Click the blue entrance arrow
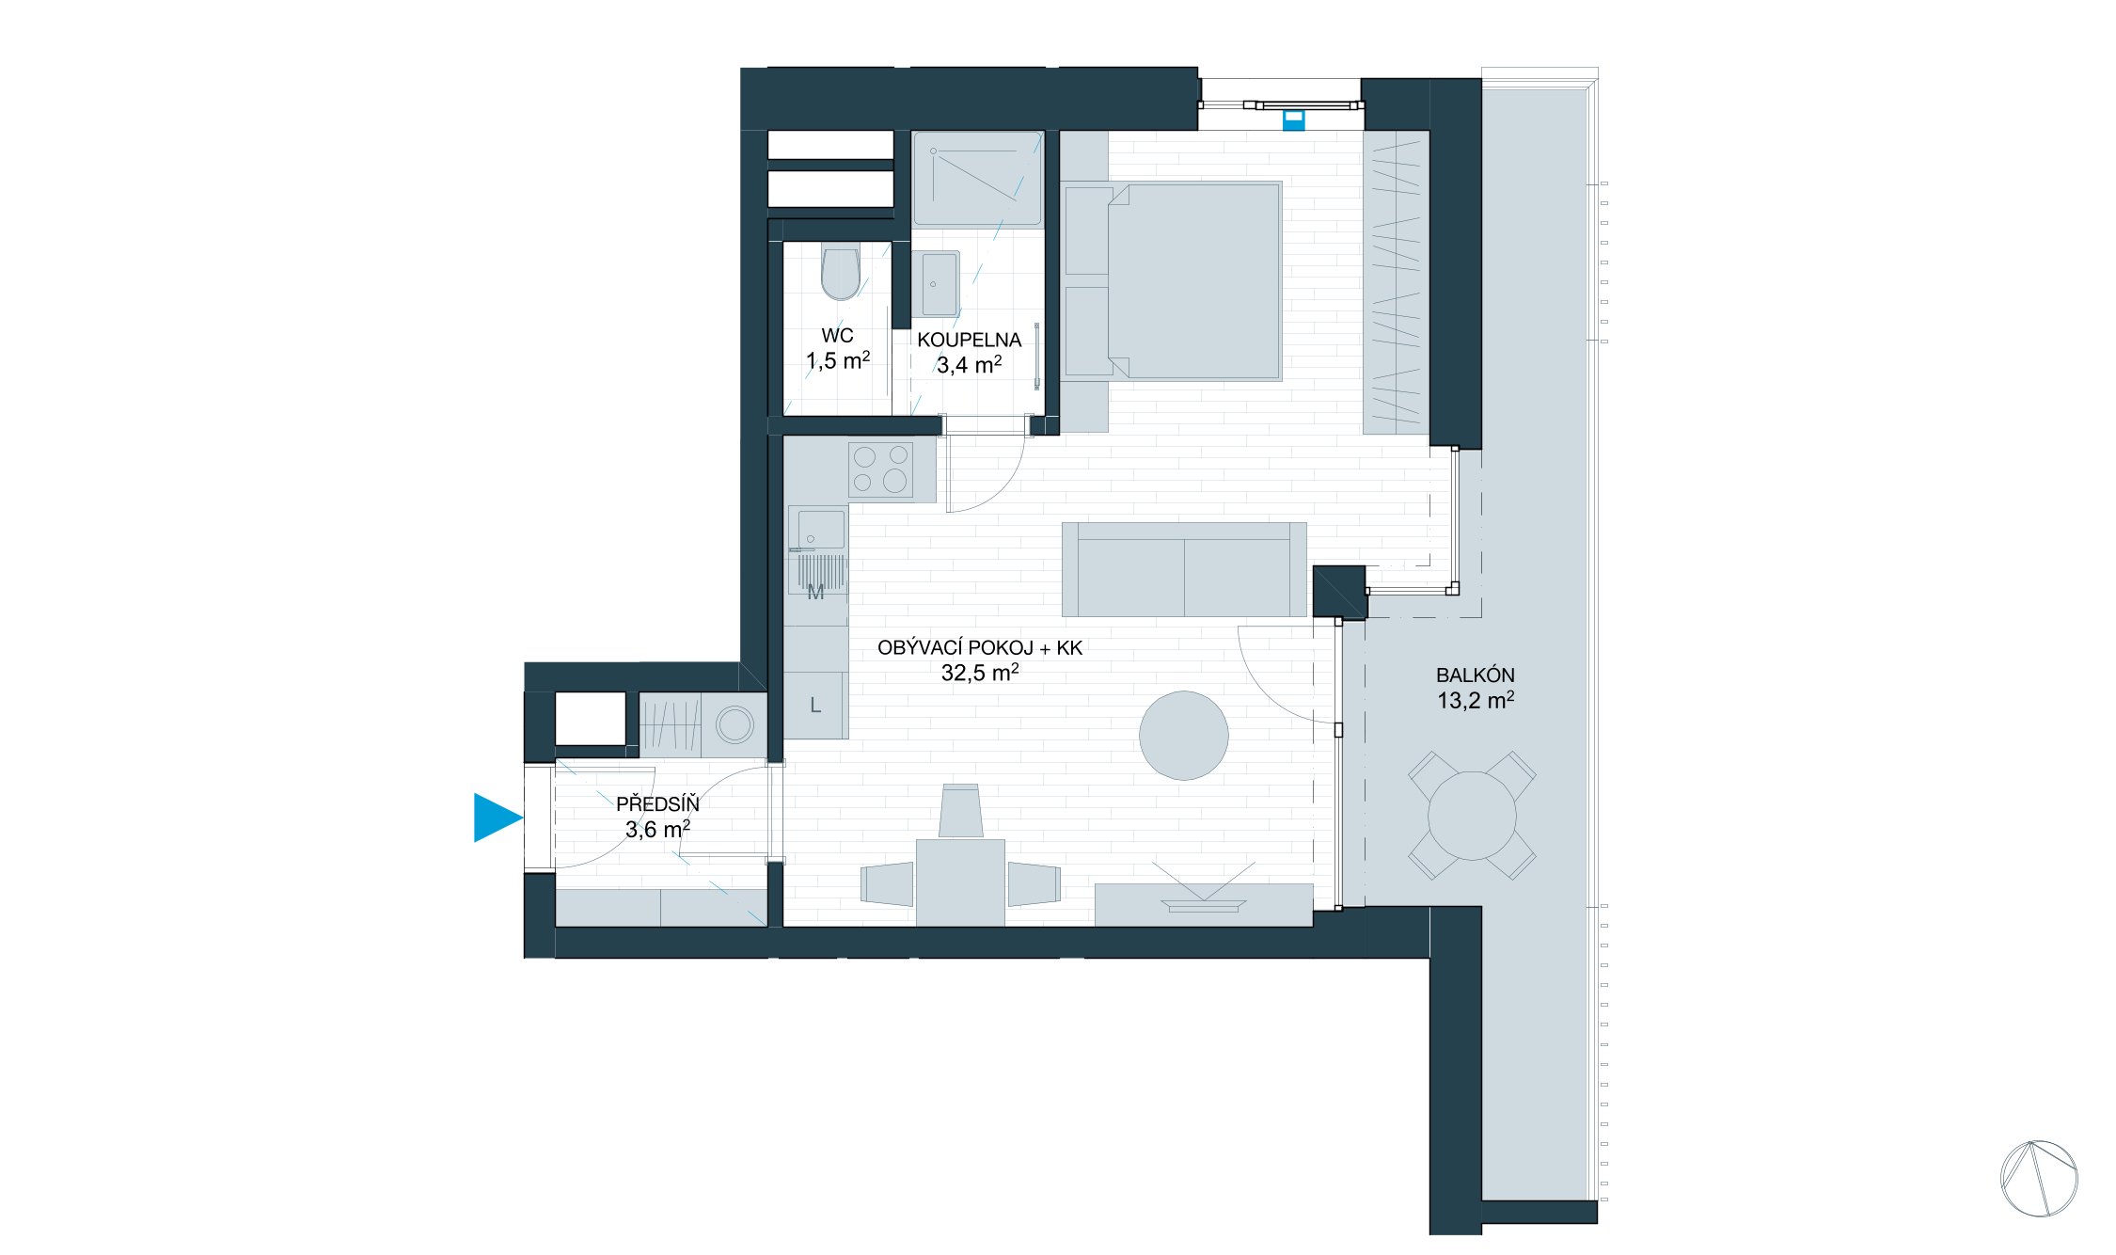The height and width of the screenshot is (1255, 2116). (496, 818)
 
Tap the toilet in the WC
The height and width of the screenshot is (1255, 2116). (840, 272)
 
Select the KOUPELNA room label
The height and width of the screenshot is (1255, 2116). (969, 341)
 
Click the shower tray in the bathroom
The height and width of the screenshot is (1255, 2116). (977, 179)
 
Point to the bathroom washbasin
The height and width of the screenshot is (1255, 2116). (937, 283)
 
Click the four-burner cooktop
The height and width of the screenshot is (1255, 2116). (880, 469)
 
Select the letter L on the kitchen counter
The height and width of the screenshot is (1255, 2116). (815, 706)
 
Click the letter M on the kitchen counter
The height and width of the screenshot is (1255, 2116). (815, 593)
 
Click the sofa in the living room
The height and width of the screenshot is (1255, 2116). (1183, 570)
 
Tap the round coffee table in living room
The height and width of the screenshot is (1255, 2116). (1183, 736)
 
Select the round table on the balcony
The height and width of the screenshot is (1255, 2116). (1472, 816)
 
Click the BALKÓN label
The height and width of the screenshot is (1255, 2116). (1475, 675)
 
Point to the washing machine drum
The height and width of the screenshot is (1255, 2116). (734, 725)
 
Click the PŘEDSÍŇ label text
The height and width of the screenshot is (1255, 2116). (657, 804)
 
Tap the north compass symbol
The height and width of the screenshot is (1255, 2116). (2038, 1178)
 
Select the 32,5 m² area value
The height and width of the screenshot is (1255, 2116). (979, 673)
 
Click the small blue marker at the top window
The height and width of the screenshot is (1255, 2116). (1294, 120)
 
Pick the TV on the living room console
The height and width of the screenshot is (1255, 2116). (1203, 903)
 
